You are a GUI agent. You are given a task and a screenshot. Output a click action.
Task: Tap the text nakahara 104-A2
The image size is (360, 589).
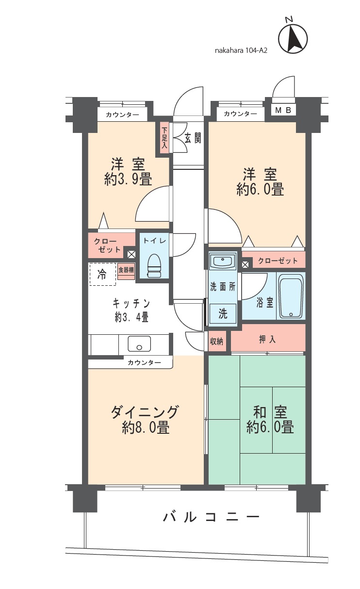[x=241, y=49]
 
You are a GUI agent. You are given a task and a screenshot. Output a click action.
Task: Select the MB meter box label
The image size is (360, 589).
[x=283, y=111]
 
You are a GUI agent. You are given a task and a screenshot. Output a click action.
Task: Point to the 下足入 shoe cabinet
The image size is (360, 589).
[x=165, y=138]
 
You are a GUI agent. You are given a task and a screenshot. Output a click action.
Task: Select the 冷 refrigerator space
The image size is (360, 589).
[x=102, y=274]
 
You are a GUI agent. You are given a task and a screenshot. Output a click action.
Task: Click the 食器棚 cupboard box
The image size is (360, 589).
[x=126, y=271]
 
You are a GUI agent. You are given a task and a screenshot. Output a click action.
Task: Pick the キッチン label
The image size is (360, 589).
[x=131, y=304]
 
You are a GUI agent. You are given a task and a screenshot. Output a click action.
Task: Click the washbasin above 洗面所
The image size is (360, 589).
[x=222, y=262]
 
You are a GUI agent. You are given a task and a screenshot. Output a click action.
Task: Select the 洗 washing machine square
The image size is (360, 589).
[x=222, y=313]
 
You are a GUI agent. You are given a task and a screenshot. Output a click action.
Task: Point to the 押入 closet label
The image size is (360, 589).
[x=267, y=339]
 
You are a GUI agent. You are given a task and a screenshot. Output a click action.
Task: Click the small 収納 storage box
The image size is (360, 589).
[x=217, y=341]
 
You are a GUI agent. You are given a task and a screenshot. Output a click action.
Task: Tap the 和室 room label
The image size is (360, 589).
[x=270, y=413]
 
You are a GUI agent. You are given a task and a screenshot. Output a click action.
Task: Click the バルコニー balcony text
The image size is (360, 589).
[x=211, y=517]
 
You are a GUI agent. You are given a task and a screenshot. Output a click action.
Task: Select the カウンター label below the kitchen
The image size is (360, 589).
[x=145, y=362]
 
